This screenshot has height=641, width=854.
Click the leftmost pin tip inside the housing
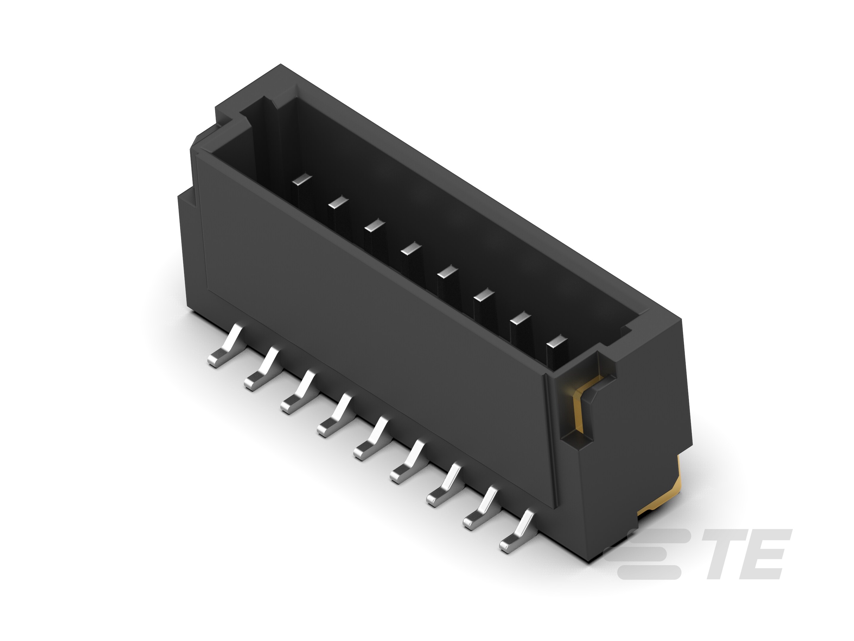coord(302,180)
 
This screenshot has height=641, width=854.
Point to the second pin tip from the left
coord(338,202)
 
